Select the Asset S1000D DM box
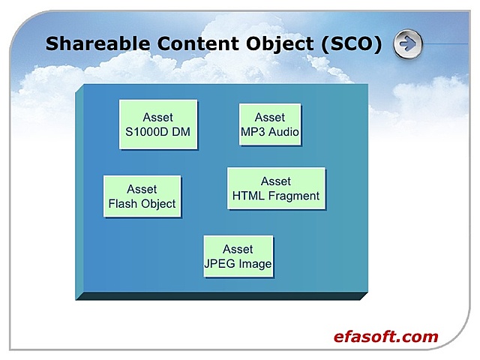click(x=158, y=124)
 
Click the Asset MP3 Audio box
click(x=270, y=124)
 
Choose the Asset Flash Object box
click(x=142, y=196)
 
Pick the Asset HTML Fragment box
click(x=276, y=189)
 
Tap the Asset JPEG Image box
click(x=238, y=256)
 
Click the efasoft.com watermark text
click(x=385, y=337)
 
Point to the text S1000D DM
click(x=158, y=132)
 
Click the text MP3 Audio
click(x=270, y=132)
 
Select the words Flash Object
click(x=142, y=204)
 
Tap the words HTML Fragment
click(x=276, y=196)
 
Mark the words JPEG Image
click(x=238, y=264)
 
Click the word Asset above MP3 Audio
click(x=270, y=118)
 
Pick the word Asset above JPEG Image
click(x=238, y=249)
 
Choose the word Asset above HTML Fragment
click(x=276, y=181)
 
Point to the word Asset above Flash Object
click(x=142, y=189)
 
